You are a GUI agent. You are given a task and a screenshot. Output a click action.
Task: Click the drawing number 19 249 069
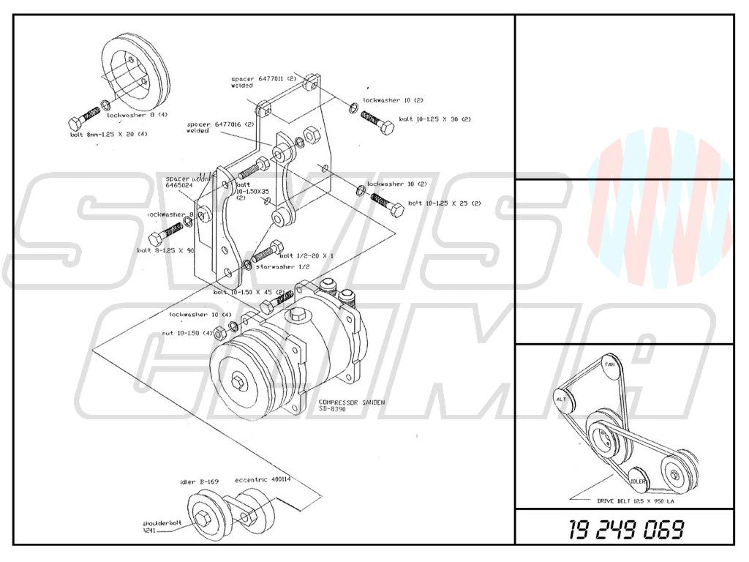tap(627, 528)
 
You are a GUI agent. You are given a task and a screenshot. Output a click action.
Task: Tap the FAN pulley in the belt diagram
tap(609, 364)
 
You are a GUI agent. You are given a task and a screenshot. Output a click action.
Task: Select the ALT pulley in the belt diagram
tap(562, 400)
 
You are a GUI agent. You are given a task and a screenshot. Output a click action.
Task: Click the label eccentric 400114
tap(262, 480)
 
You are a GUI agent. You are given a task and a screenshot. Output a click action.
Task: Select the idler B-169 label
tap(200, 482)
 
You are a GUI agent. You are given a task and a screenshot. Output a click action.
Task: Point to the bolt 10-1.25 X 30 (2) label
tap(434, 119)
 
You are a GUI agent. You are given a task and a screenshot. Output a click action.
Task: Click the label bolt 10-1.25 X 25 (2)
tap(444, 203)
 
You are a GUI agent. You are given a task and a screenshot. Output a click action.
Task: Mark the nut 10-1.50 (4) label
tap(187, 333)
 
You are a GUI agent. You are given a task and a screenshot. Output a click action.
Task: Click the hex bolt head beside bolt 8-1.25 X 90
tap(156, 239)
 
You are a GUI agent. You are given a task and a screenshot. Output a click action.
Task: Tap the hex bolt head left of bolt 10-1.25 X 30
tap(385, 127)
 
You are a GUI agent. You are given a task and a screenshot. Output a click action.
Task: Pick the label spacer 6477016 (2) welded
tap(213, 127)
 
